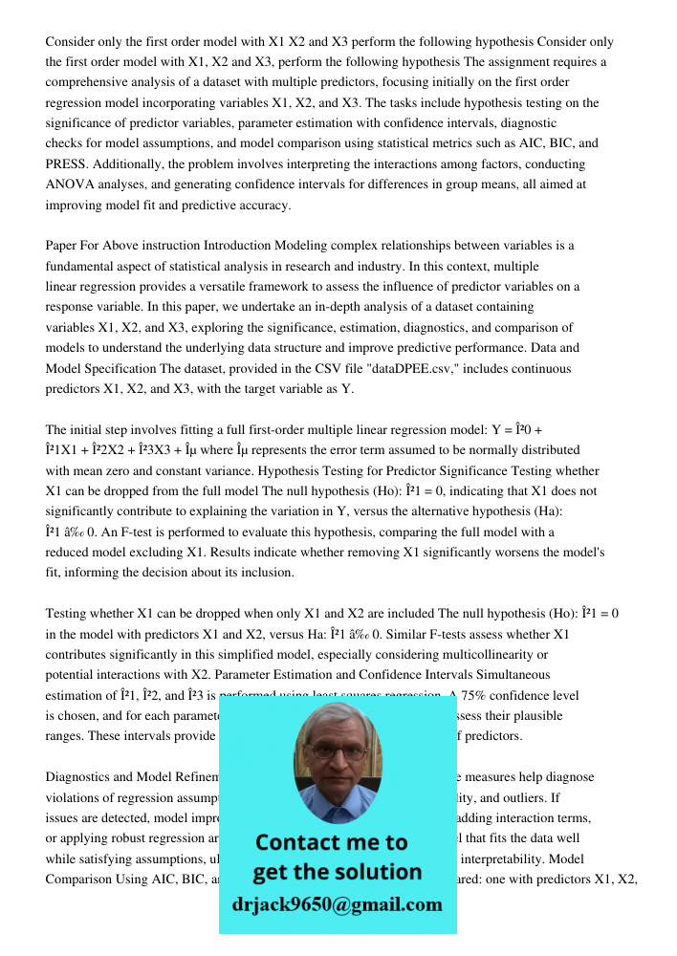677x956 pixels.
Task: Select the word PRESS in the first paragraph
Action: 67,163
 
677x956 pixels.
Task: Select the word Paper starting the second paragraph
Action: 62,246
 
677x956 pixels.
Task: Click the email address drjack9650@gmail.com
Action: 338,904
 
